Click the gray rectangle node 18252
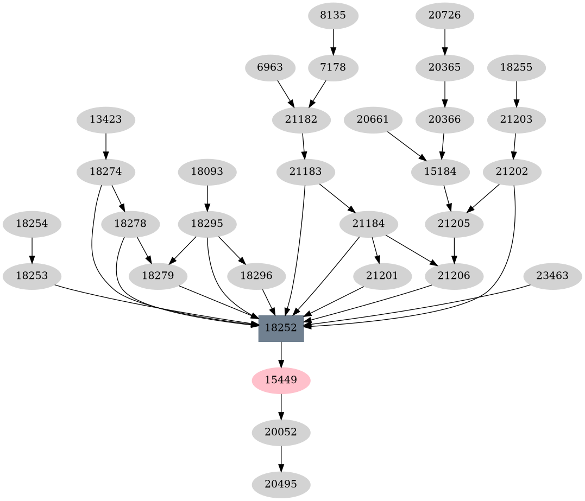281,328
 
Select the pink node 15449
281,380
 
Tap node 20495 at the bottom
281,485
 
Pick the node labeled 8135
333,16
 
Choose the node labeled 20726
444,16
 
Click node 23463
552,276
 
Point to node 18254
32,223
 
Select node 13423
105,119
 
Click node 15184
441,172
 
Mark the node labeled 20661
373,119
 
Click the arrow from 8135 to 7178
333,42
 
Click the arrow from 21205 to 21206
454,250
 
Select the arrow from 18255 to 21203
516,94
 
